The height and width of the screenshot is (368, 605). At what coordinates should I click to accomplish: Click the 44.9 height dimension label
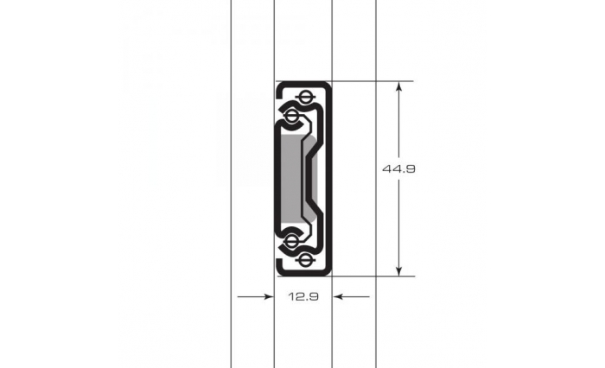click(x=399, y=169)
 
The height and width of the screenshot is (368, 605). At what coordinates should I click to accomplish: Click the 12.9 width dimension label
click(x=303, y=296)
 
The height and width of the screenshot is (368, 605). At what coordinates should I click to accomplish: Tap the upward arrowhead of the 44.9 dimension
click(x=399, y=86)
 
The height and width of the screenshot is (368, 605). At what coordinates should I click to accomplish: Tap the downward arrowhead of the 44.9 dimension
click(x=399, y=271)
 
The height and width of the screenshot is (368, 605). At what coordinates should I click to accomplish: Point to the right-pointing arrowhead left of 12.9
click(x=269, y=296)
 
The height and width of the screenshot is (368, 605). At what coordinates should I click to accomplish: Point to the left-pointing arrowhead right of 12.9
click(x=338, y=296)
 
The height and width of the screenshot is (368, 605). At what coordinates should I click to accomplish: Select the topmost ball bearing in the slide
click(x=305, y=97)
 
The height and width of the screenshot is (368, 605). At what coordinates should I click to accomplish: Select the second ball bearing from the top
click(x=292, y=115)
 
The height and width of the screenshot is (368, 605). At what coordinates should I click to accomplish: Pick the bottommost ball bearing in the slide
click(x=305, y=261)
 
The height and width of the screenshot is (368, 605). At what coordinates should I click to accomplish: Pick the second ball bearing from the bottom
click(x=292, y=242)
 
